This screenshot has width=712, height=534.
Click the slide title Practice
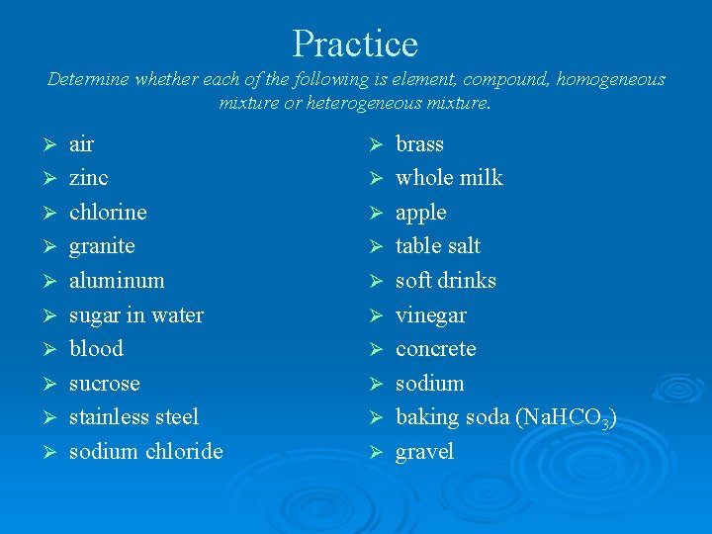(355, 44)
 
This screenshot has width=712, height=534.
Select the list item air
(81, 144)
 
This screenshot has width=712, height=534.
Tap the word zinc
(88, 178)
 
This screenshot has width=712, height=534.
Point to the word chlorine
(107, 212)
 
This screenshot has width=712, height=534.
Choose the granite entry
(102, 246)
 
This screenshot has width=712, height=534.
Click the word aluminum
(117, 281)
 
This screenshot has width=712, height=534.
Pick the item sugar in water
(135, 315)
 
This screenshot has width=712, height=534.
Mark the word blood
(96, 349)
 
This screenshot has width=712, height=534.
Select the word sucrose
(104, 384)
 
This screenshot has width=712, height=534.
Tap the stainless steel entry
(133, 417)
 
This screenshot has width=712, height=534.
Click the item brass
(419, 144)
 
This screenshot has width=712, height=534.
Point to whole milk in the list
(449, 178)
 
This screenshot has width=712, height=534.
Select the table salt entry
(438, 246)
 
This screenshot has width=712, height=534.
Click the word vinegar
(430, 316)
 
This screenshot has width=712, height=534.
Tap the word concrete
(435, 349)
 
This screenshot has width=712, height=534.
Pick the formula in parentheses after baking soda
(567, 418)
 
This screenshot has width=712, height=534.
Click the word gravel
(424, 453)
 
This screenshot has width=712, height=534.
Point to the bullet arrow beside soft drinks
(375, 282)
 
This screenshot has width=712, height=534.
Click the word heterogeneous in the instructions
(378, 102)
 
